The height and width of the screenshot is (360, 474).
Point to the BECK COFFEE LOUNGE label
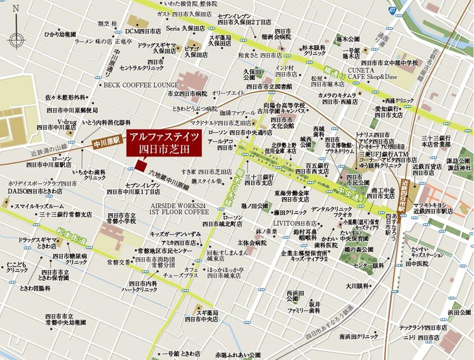pyautogui.click(x=141, y=85)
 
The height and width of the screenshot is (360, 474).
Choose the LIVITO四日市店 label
pyautogui.click(x=295, y=223)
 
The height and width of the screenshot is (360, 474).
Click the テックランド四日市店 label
pyautogui.click(x=423, y=327)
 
